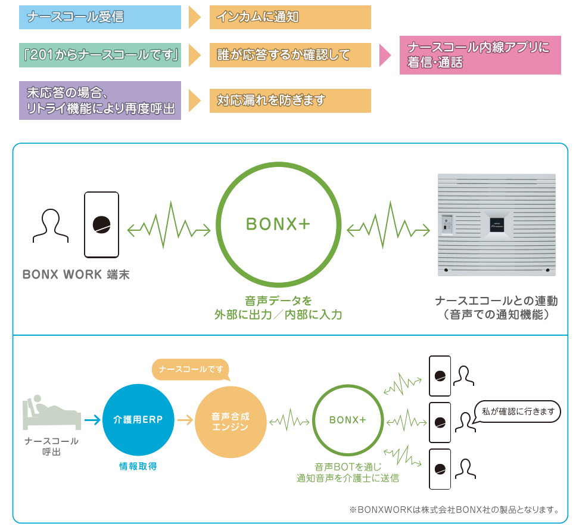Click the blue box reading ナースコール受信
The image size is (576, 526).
tap(100, 17)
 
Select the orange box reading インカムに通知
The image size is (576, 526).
tap(290, 17)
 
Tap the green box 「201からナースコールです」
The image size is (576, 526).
tap(100, 55)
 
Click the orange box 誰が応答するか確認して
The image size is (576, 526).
tap(290, 55)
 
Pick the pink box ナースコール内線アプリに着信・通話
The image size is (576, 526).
tap(480, 55)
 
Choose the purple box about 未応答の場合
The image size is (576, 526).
tap(100, 101)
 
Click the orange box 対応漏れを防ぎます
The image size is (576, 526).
tap(290, 101)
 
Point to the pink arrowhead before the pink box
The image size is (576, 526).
tap(385, 55)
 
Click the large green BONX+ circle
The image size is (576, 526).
tap(278, 224)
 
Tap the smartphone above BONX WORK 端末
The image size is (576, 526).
tap(102, 224)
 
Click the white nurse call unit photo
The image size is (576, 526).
tap(496, 224)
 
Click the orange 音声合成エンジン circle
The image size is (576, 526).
tap(230, 421)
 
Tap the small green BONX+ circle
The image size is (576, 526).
tap(347, 420)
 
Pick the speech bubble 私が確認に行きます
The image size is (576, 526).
tap(517, 411)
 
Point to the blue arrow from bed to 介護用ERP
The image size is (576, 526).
tap(92, 420)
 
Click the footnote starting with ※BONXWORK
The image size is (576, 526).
tap(454, 510)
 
